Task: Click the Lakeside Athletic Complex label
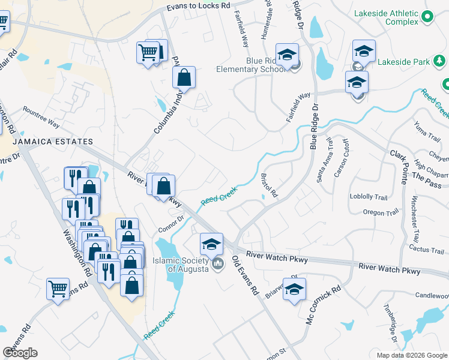pyautogui.click(x=385, y=17)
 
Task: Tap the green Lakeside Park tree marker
pyautogui.click(x=439, y=61)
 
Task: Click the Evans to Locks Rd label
pyautogui.click(x=198, y=6)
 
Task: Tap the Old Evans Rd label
pyautogui.click(x=245, y=277)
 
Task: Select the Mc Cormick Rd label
pyautogui.click(x=323, y=305)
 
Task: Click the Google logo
pyautogui.click(x=20, y=353)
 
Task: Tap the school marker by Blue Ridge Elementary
pyautogui.click(x=287, y=55)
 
